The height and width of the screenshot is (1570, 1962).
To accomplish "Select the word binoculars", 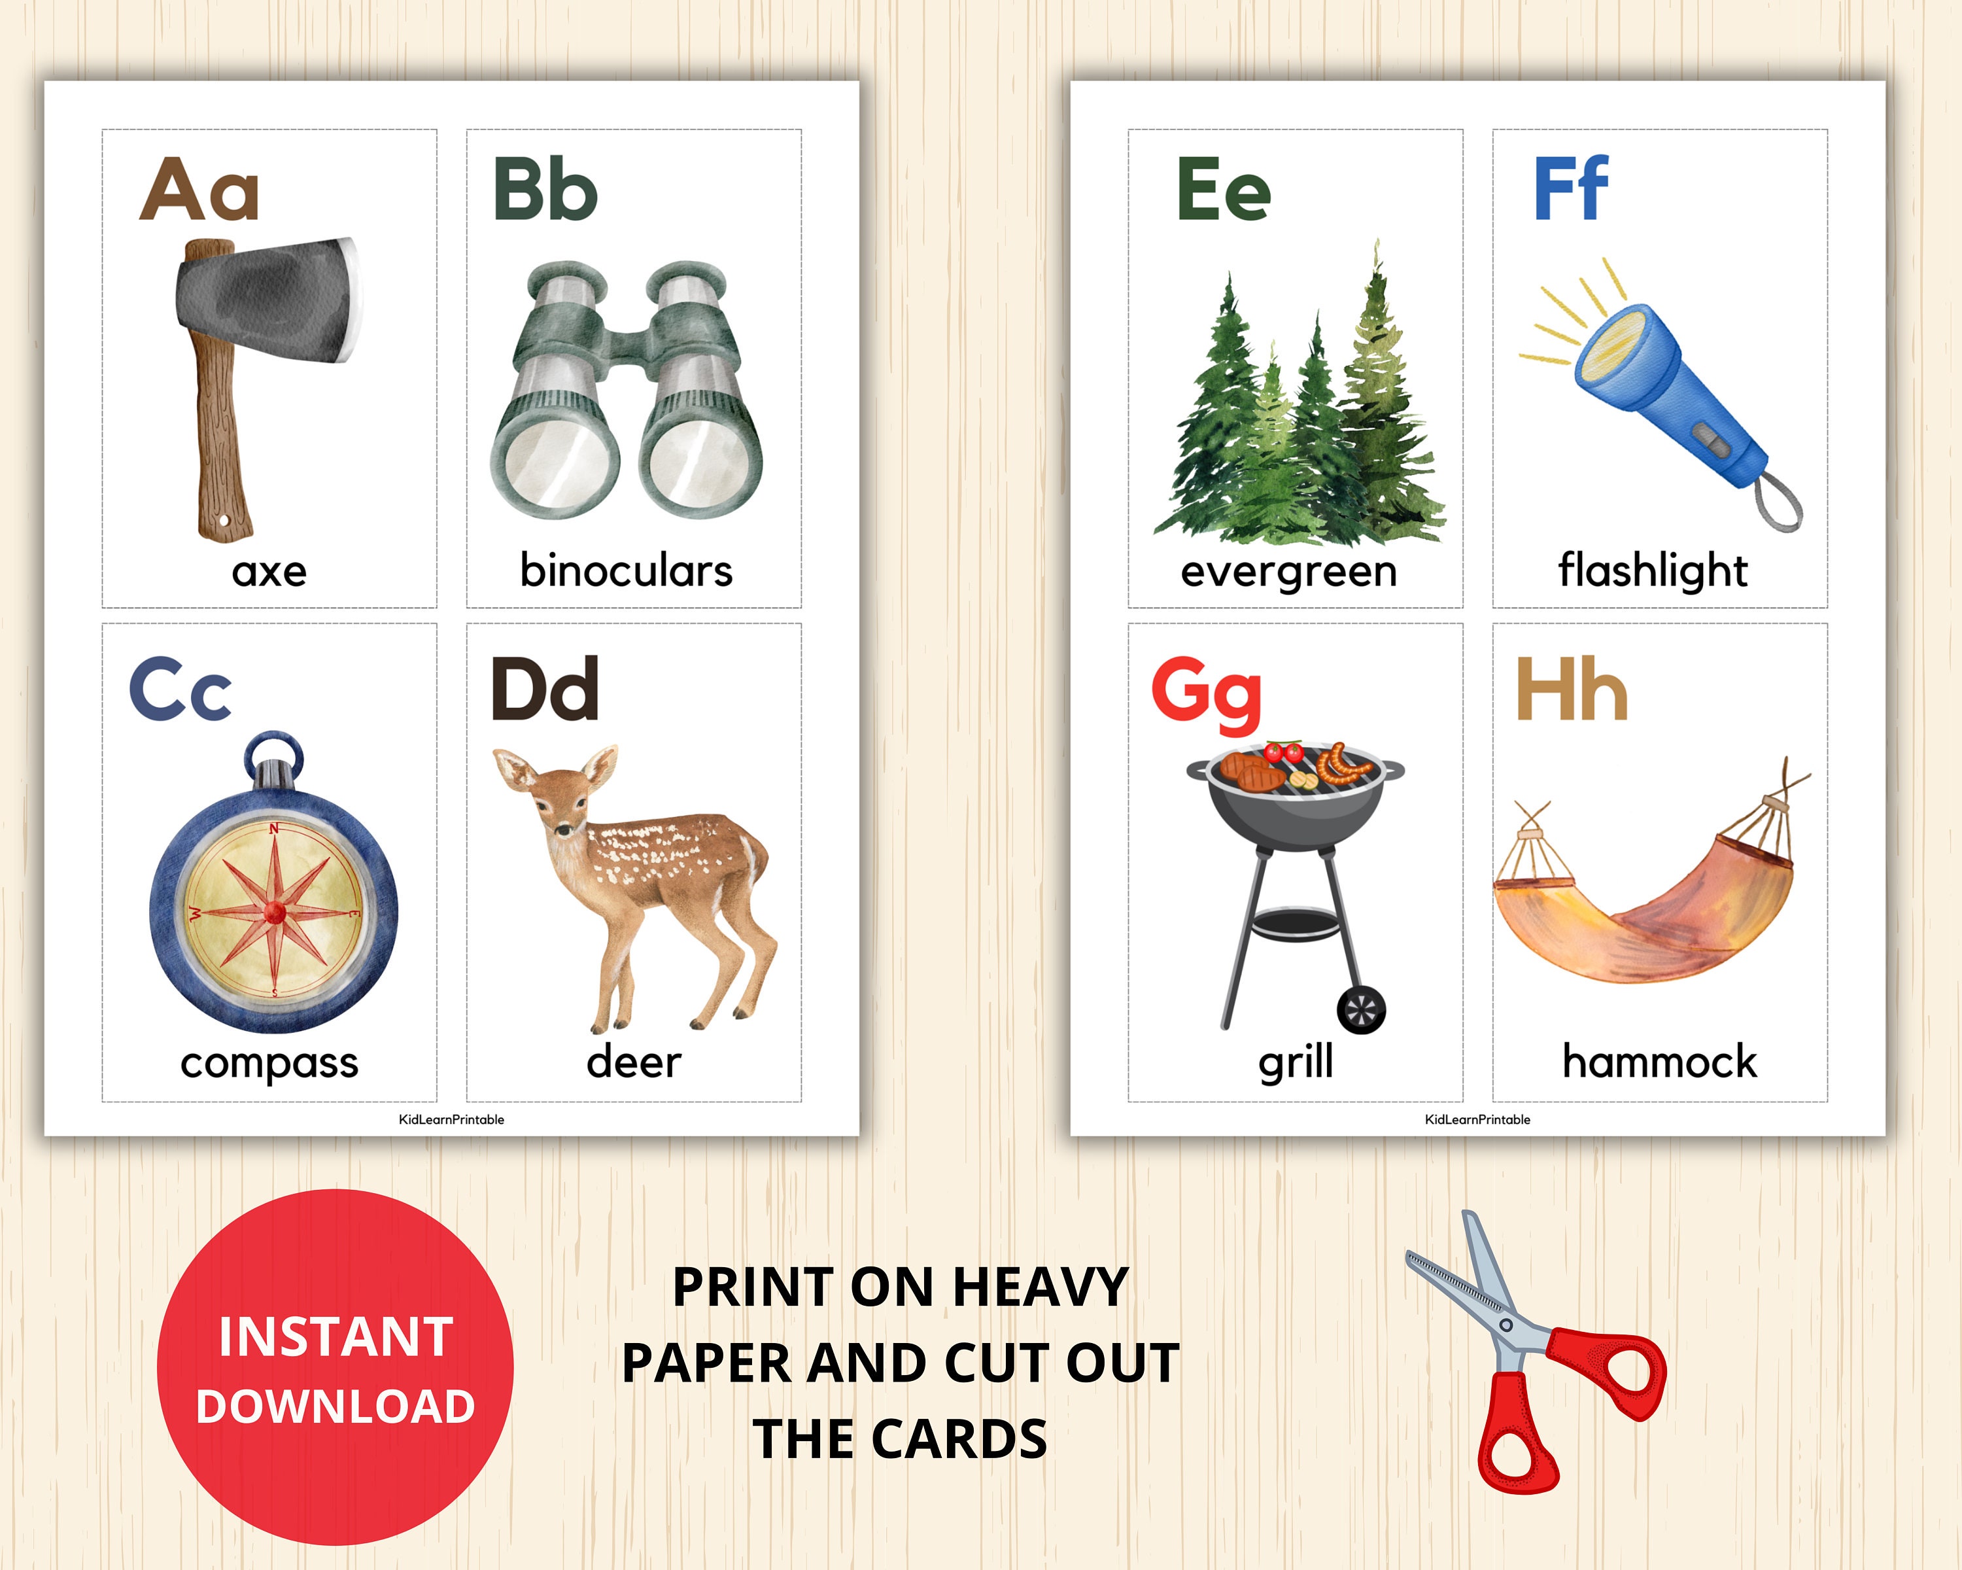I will coord(626,570).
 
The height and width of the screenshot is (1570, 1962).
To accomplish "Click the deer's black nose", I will coord(560,831).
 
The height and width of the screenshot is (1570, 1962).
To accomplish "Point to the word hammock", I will coord(1659,1061).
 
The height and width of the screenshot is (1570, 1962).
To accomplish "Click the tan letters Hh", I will coord(1571,691).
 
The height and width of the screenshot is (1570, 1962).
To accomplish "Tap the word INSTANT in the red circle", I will coord(336,1336).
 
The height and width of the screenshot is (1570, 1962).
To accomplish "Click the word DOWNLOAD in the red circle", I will coord(336,1406).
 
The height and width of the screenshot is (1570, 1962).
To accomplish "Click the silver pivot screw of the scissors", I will coord(1506,1324).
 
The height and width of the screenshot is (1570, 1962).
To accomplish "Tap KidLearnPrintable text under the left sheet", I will coord(451,1119).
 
